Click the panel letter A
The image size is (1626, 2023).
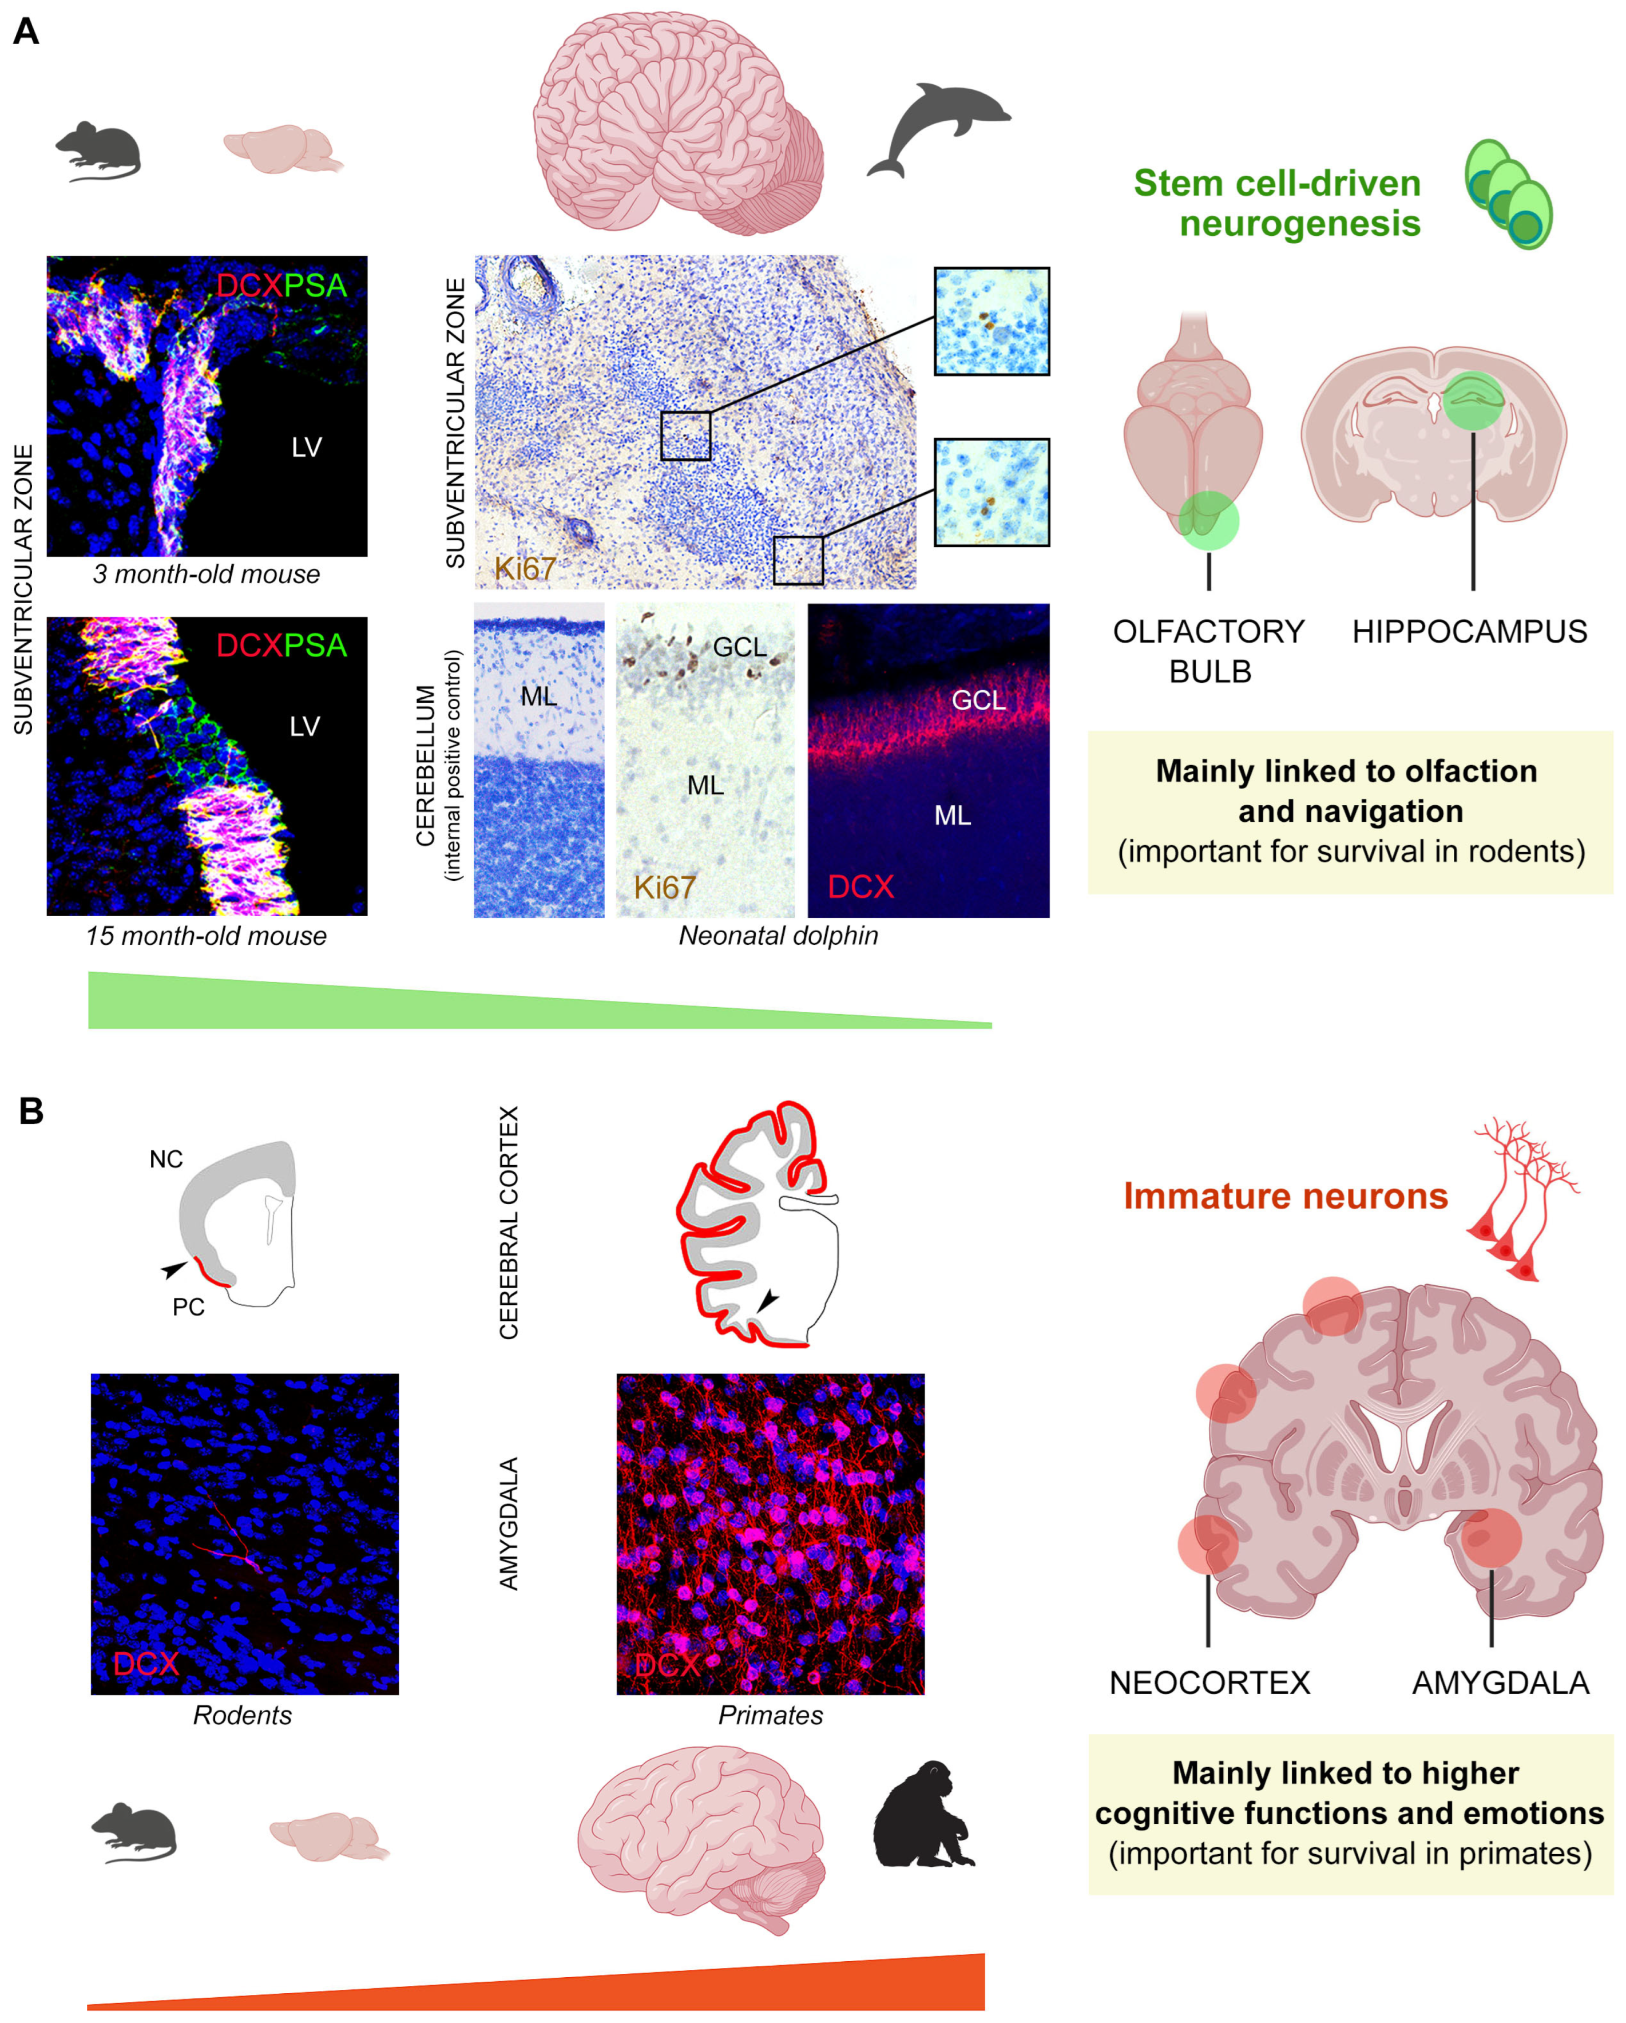(x=26, y=32)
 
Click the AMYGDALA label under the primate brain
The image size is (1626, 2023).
(x=1500, y=1682)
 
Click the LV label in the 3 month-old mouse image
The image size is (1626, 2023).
(x=307, y=448)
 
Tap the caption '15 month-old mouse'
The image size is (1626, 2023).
(x=207, y=936)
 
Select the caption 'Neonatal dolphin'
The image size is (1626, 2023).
(x=778, y=936)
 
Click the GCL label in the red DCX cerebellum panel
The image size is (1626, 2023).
(x=978, y=700)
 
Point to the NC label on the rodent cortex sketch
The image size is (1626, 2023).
(x=166, y=1160)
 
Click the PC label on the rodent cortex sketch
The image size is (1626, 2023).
(x=188, y=1307)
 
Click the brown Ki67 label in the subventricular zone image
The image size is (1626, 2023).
(x=525, y=569)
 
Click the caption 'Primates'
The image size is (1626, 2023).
(x=770, y=1715)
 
